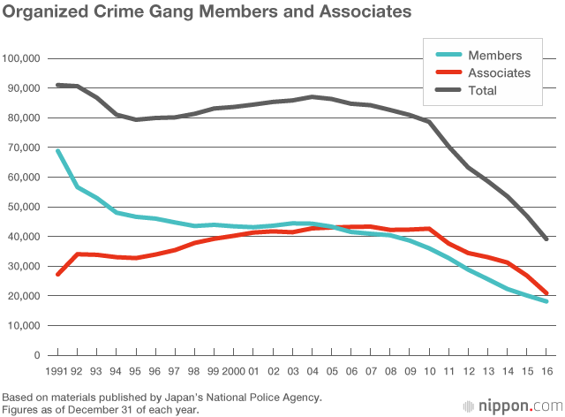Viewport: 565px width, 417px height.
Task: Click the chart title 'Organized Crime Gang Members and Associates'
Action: [207, 13]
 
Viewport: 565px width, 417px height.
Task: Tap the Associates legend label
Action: [499, 72]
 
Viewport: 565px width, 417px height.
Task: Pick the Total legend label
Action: [483, 90]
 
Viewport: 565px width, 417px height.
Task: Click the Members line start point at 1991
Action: [58, 151]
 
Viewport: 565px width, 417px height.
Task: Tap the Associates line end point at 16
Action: [547, 293]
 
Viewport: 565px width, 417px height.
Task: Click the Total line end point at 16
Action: [547, 239]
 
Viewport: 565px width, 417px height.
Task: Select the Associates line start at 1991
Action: [58, 274]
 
